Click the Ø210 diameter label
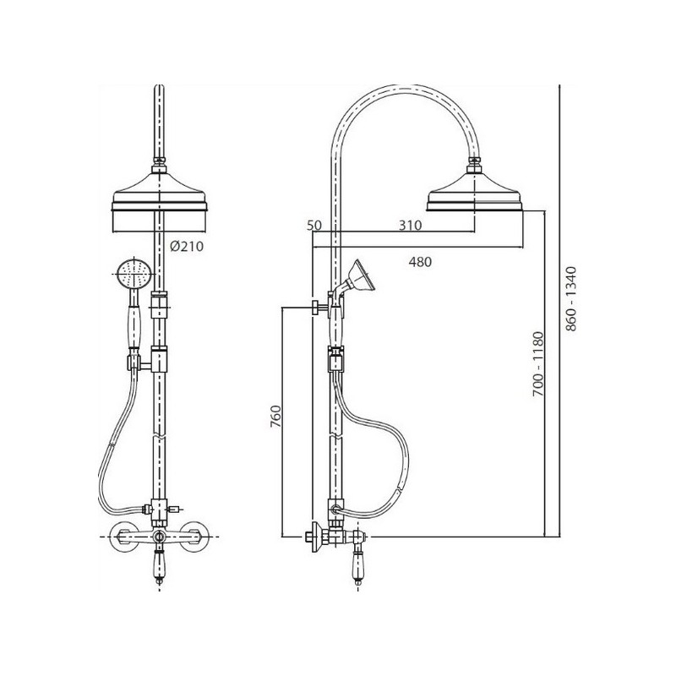coord(186,246)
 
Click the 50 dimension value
coord(314,225)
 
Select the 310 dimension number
coord(410,225)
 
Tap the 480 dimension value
coord(420,262)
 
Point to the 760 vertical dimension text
coord(275,416)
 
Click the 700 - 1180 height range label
coord(538,364)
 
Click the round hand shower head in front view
coord(134,274)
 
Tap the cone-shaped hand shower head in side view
coord(363,276)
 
